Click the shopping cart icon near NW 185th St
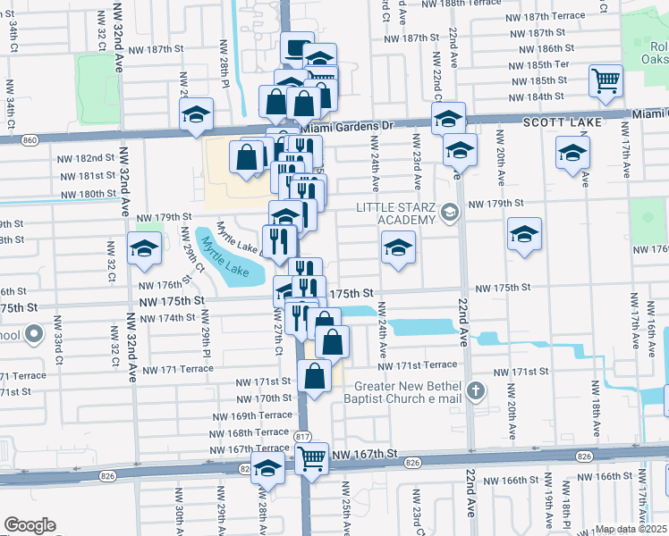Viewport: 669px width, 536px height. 605,81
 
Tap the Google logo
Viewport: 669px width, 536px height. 30,525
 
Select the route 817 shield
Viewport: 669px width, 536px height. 305,435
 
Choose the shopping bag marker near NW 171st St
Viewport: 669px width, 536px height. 314,376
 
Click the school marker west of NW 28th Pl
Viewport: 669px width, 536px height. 196,114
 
